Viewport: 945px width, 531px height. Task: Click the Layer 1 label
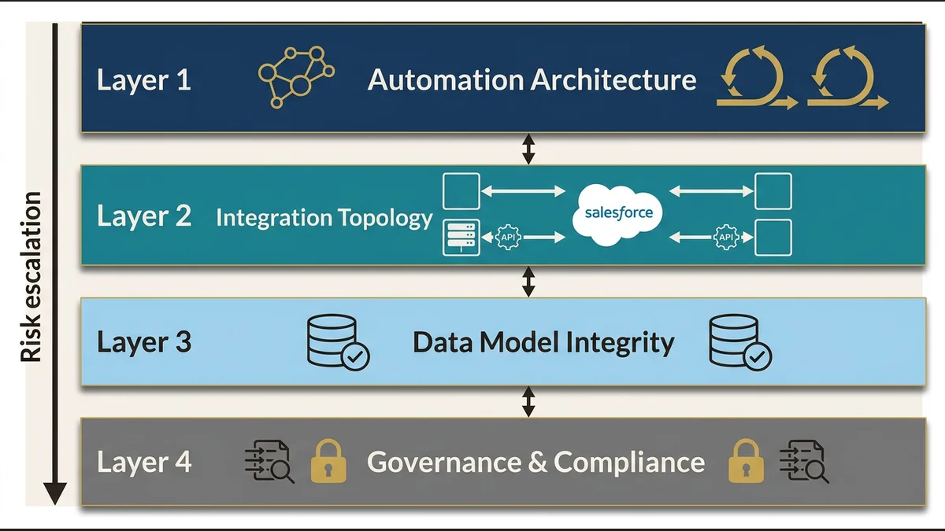coord(144,80)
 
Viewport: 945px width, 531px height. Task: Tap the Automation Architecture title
coord(532,79)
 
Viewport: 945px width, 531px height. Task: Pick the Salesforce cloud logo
coord(618,213)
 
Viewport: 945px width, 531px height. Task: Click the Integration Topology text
coord(324,218)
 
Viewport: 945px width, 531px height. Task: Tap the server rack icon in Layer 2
coord(461,238)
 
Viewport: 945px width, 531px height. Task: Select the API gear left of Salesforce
coord(509,237)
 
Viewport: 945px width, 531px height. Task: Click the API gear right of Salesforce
coord(726,237)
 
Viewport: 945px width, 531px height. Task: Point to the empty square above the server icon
coord(461,192)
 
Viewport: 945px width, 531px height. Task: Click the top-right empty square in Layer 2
coord(773,192)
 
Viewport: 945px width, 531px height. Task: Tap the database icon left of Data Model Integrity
coord(335,341)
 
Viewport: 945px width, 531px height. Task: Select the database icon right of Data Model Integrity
coord(739,341)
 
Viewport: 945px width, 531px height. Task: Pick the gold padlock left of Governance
coord(328,461)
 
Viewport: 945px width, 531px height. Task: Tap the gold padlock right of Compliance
coord(745,461)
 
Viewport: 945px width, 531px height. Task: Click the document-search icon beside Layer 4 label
coord(269,461)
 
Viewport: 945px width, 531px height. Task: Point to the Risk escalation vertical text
coord(31,278)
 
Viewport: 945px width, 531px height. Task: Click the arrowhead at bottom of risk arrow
coord(55,493)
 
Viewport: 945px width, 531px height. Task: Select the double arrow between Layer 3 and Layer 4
coord(528,401)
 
